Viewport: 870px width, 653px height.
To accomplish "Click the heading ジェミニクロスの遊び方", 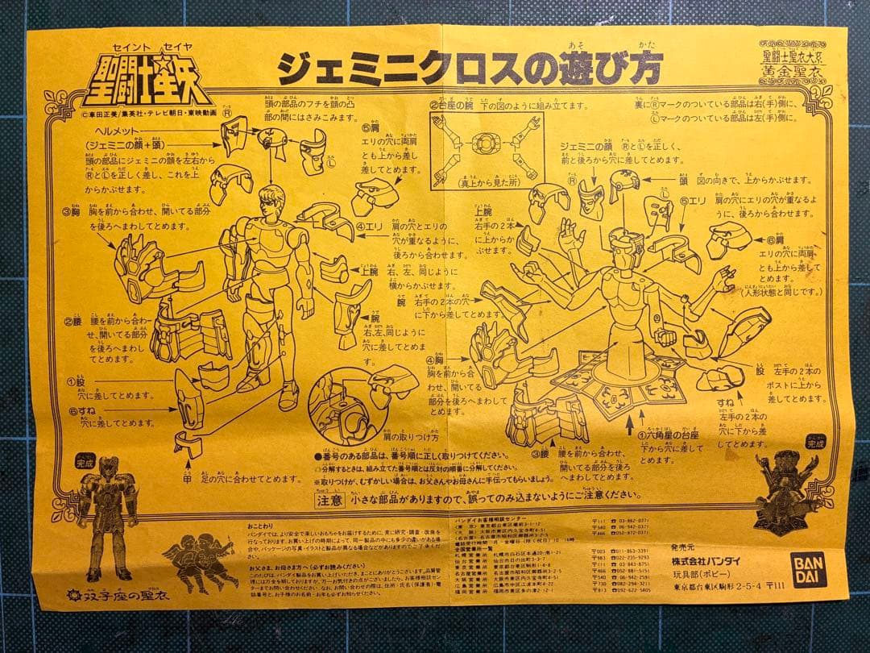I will (x=470, y=69).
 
